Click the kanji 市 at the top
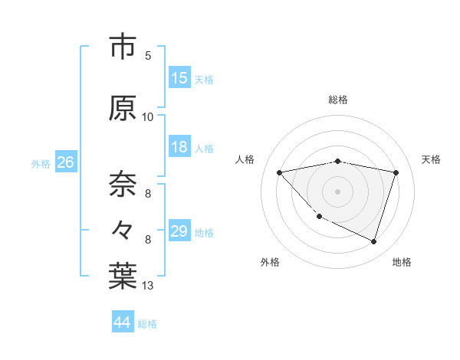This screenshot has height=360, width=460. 123,47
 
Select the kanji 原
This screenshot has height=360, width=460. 123,108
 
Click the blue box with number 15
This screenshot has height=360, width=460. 179,78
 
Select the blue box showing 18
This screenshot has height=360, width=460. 179,147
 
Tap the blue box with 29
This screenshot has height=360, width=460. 179,231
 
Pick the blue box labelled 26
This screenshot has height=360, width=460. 65,162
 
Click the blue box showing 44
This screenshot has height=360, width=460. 123,322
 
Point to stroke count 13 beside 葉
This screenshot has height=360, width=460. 148,286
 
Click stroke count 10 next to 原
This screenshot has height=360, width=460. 148,116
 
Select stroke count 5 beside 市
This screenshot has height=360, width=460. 148,55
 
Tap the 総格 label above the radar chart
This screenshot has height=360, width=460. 338,100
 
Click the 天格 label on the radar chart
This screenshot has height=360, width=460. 432,159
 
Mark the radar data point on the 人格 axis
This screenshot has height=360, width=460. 279,172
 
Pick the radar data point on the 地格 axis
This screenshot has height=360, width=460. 374,242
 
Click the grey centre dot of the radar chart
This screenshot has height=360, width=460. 338,191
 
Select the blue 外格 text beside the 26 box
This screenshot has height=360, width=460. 41,163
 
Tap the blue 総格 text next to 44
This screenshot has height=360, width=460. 147,323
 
